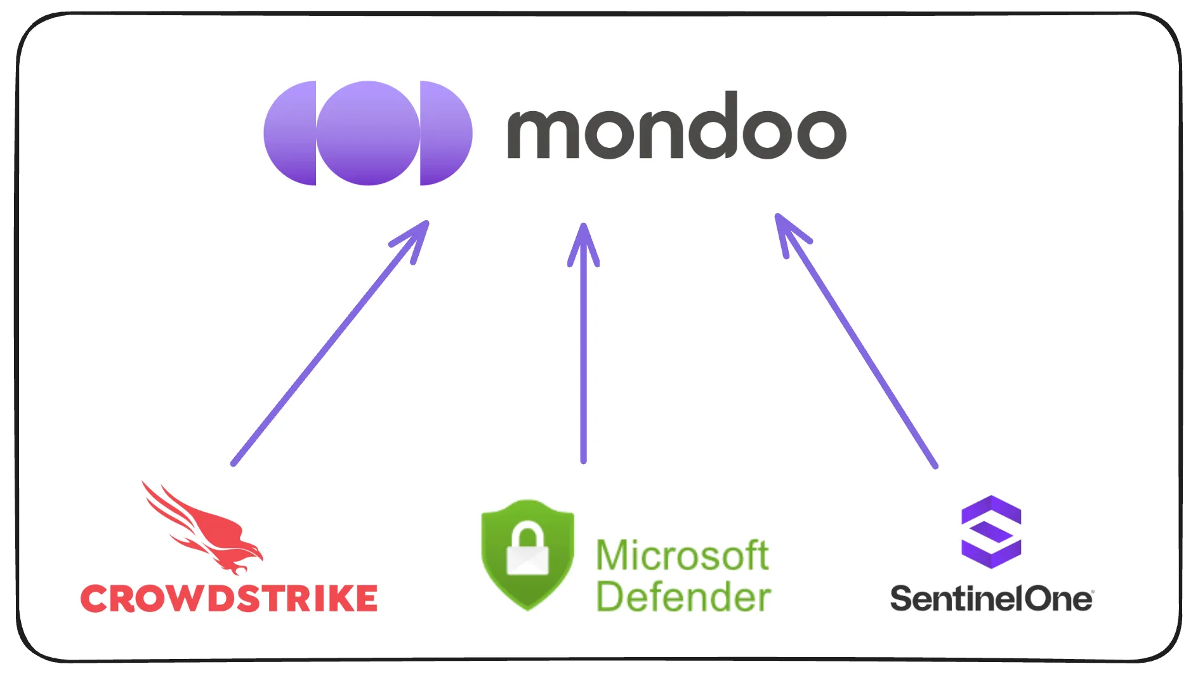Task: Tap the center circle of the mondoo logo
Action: coord(368,133)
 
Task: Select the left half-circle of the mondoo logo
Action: coord(291,133)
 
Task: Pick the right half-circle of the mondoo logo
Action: coord(445,133)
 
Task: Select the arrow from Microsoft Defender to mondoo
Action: coord(583,356)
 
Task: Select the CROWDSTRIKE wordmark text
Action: coord(229,599)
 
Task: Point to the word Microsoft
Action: coord(682,555)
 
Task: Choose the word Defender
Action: coord(683,597)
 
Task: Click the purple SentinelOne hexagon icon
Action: coord(991,531)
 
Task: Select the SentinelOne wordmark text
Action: coord(991,599)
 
